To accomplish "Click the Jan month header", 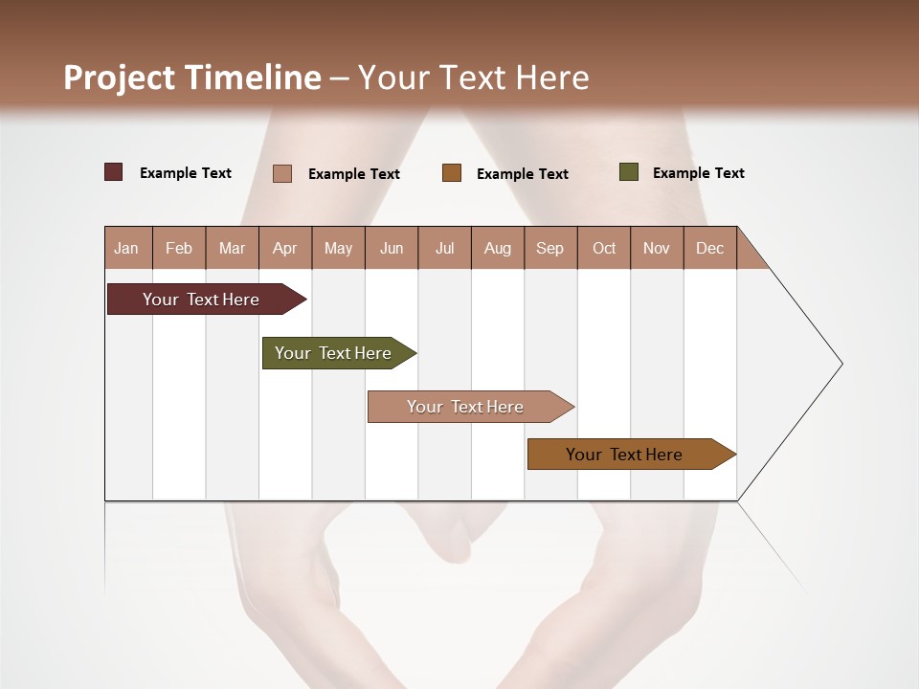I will click(127, 248).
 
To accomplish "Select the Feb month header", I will click(179, 248).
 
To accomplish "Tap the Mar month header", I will click(232, 248).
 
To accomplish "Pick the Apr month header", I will click(285, 248).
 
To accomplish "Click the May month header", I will click(338, 248).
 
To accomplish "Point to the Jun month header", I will click(392, 248).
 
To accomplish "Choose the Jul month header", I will click(444, 248).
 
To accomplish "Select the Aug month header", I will click(498, 248).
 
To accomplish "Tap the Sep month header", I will click(550, 248).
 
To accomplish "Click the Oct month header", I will click(604, 248).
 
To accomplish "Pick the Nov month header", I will click(657, 248).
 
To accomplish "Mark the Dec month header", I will click(710, 248).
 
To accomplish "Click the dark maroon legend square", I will click(114, 172).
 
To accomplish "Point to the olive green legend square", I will click(629, 172).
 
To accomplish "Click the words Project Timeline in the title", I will click(192, 78).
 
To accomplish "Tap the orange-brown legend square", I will click(452, 173).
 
